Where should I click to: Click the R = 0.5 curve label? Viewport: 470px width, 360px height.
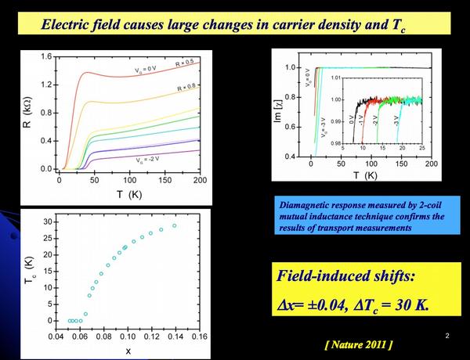(x=187, y=62)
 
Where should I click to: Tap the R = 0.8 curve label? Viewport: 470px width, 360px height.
(x=188, y=87)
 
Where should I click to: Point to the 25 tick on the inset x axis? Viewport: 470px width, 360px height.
(x=421, y=147)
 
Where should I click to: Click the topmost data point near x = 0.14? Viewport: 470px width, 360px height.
(x=174, y=226)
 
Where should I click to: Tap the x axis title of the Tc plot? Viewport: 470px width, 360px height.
(x=128, y=351)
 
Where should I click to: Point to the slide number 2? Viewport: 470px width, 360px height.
(x=446, y=336)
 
